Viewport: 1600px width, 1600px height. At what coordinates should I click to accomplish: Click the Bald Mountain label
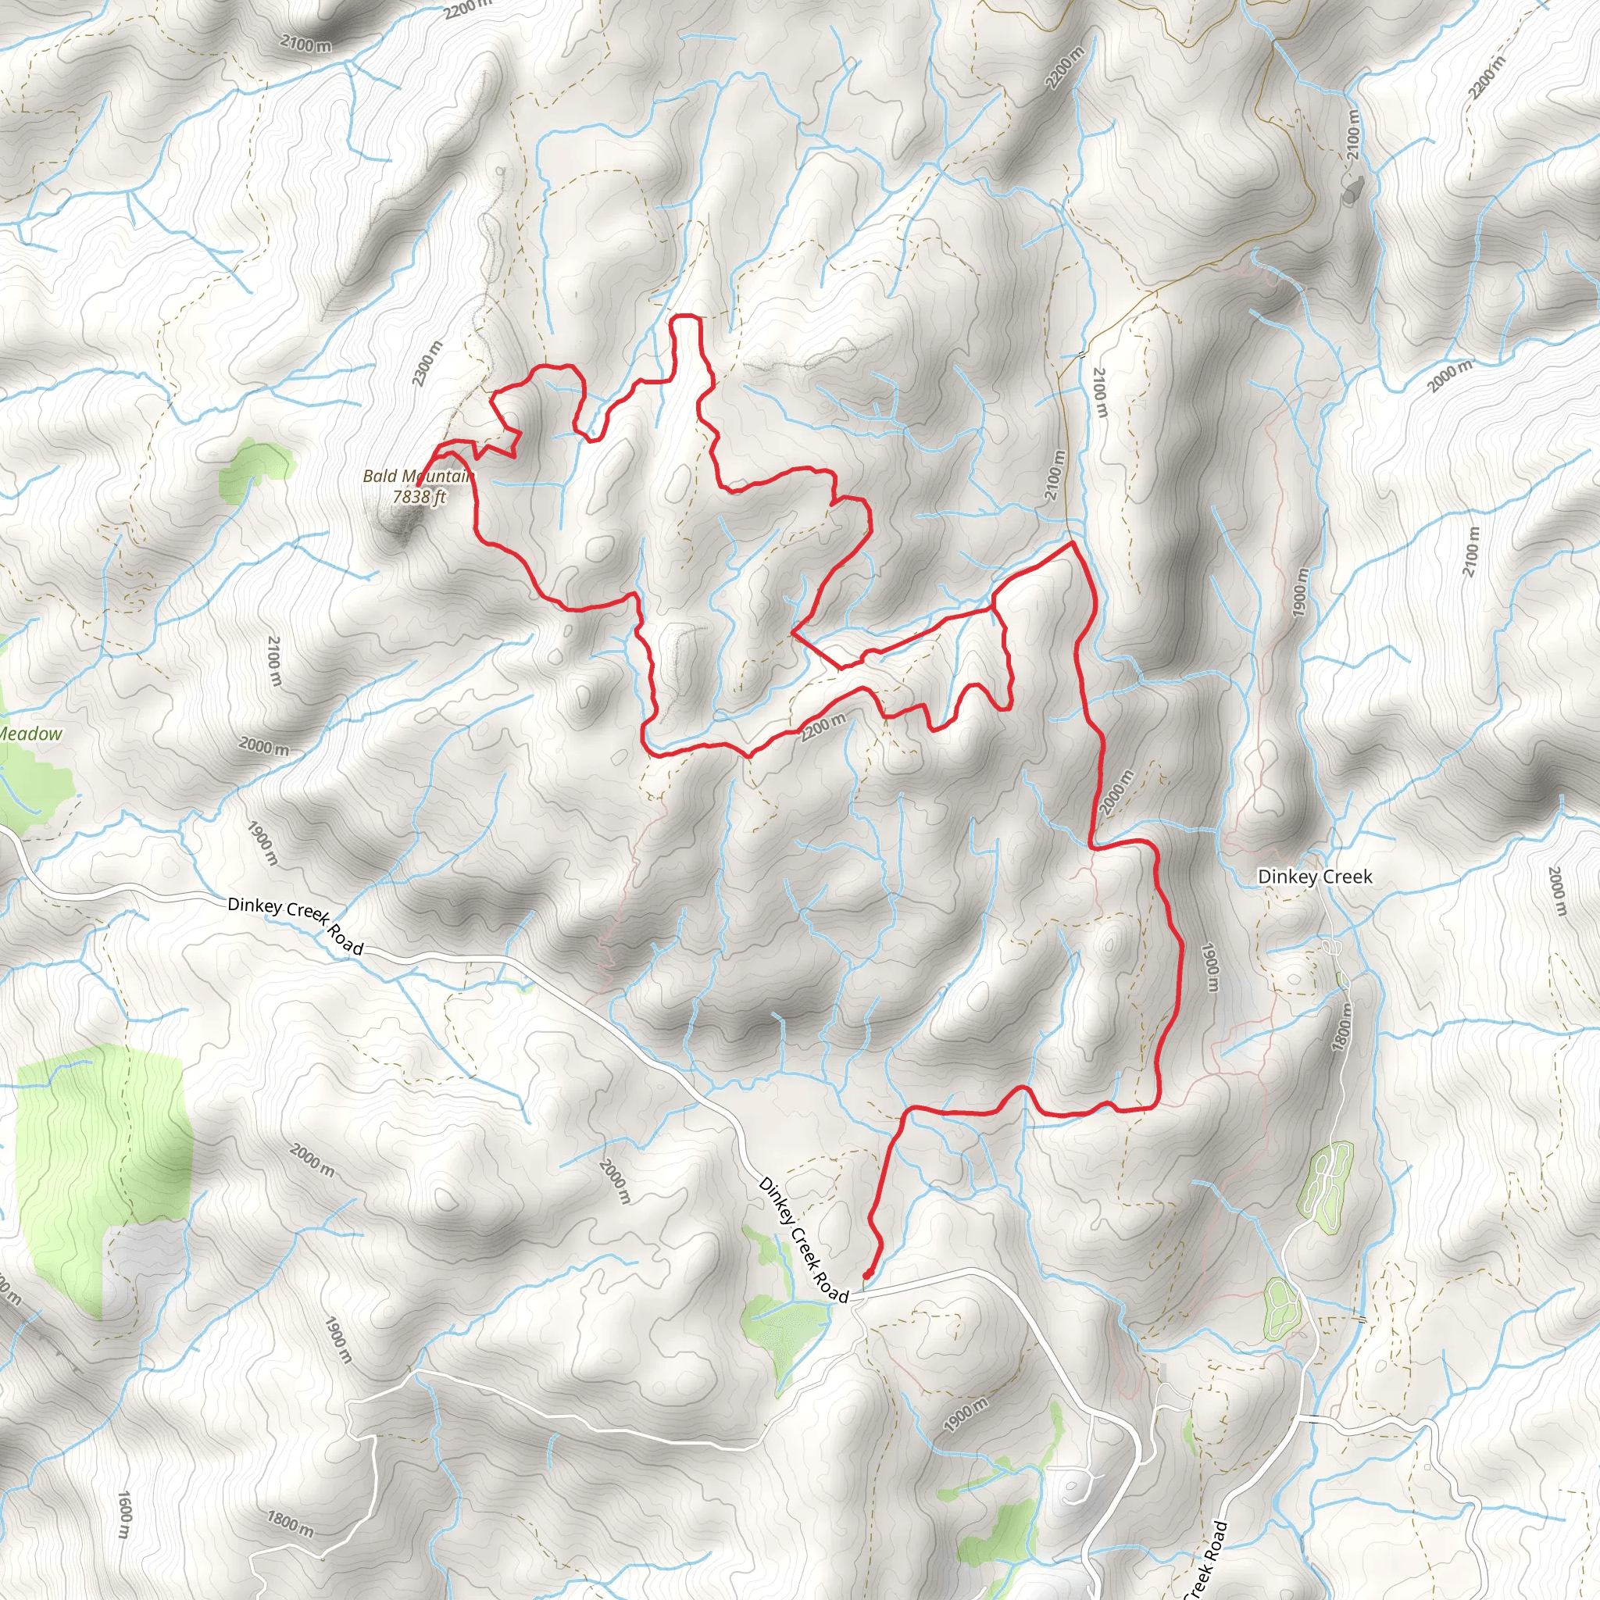[x=416, y=477]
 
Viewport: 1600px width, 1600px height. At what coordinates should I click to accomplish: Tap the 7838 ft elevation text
[x=419, y=496]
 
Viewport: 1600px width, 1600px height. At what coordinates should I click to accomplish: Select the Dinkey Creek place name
[x=1314, y=877]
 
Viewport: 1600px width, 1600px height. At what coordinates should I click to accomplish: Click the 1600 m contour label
[x=123, y=1515]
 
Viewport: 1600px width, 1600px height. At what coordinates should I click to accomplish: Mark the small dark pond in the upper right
[x=1352, y=191]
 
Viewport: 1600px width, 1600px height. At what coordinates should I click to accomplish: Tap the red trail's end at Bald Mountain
[x=418, y=484]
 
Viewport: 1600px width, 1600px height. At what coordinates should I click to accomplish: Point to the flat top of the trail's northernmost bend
[x=686, y=316]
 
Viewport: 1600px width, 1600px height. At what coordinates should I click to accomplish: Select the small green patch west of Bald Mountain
[x=255, y=468]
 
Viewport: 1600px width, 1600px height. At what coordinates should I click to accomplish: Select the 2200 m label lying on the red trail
[x=824, y=726]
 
